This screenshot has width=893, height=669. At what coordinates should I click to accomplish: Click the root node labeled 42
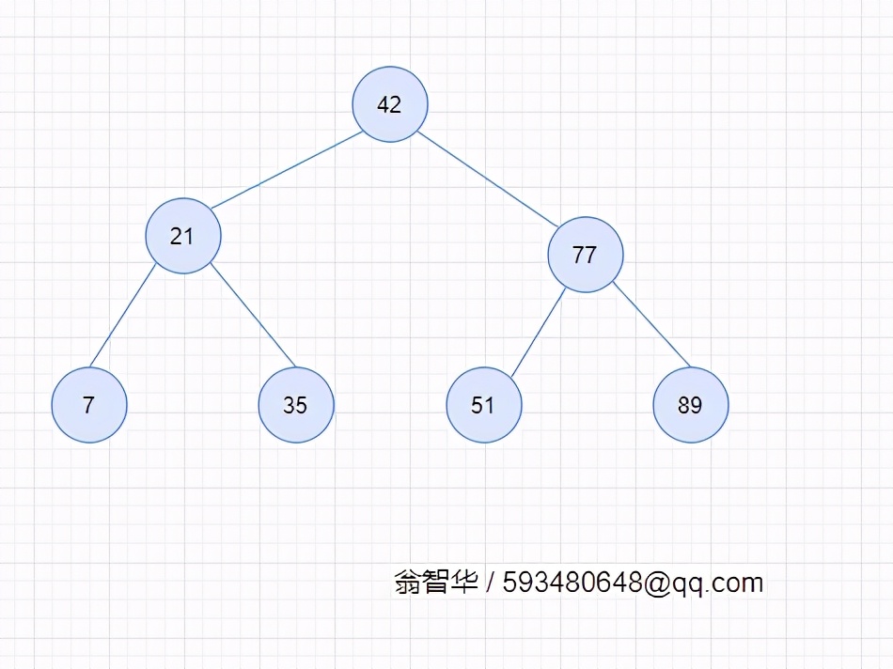click(390, 104)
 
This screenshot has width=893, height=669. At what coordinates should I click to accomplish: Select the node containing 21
click(183, 236)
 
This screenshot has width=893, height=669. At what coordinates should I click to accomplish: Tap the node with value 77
click(586, 255)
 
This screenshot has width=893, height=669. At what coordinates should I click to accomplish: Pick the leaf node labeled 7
click(89, 405)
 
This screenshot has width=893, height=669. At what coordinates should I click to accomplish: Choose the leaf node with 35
click(296, 405)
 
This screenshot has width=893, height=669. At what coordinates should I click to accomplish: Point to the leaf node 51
click(484, 405)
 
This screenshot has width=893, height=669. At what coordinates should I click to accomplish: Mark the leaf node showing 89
click(691, 405)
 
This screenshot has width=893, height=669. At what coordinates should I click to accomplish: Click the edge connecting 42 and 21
click(287, 170)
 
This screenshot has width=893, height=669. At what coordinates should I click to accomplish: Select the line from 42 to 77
click(489, 179)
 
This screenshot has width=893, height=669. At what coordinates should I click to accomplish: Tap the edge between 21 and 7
click(123, 317)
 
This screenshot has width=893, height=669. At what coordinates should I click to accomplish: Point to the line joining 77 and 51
click(539, 334)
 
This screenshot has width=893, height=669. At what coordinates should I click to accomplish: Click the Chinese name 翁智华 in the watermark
click(435, 583)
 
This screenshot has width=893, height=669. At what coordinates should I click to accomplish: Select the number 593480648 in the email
click(572, 583)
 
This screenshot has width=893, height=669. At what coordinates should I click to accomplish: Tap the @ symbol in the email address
click(657, 583)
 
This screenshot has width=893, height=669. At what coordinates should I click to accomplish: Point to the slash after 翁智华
click(491, 583)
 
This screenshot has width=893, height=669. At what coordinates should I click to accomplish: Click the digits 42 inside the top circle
click(389, 104)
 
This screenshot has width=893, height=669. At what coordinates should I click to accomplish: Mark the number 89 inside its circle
click(690, 405)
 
